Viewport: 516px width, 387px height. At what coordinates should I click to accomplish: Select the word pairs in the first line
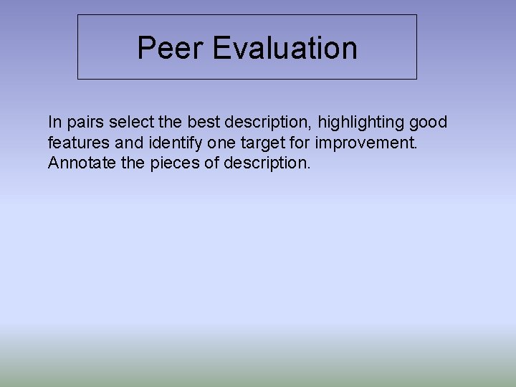85,122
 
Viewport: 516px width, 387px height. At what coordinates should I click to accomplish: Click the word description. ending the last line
267,163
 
